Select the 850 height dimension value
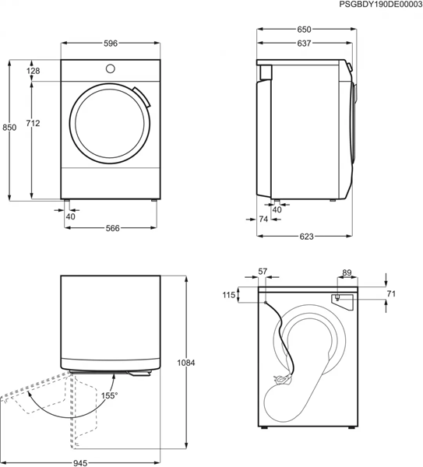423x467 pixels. (x=9, y=128)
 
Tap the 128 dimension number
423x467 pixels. (x=33, y=72)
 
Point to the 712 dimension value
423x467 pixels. (x=33, y=123)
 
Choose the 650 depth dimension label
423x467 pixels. (x=305, y=30)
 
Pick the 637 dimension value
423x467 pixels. (x=305, y=44)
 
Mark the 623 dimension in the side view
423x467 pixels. (x=305, y=237)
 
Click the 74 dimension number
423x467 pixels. (x=263, y=220)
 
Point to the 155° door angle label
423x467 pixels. (x=109, y=395)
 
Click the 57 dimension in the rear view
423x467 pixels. (x=263, y=272)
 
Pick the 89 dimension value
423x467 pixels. (x=347, y=272)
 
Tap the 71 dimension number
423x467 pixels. (x=392, y=293)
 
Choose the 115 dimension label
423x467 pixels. (x=228, y=295)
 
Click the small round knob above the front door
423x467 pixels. (x=110, y=68)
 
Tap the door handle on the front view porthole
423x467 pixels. (x=141, y=97)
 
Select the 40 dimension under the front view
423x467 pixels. (x=71, y=216)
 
